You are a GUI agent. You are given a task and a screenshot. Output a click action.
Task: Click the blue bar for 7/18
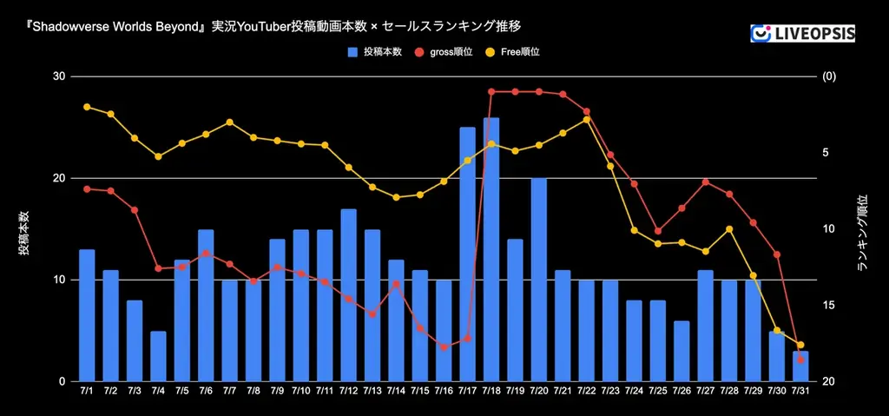click(x=491, y=250)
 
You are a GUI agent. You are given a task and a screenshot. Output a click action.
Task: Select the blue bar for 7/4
click(x=158, y=356)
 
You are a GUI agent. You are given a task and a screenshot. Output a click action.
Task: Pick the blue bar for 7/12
click(x=349, y=295)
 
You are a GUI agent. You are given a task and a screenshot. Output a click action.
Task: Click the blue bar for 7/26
click(x=682, y=351)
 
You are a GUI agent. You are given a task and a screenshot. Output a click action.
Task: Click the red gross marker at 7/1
click(x=87, y=188)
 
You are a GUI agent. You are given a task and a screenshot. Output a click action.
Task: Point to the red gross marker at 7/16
click(x=444, y=347)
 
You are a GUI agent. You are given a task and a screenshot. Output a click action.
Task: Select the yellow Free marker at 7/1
click(x=87, y=107)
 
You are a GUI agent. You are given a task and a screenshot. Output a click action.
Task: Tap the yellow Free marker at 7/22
click(x=587, y=119)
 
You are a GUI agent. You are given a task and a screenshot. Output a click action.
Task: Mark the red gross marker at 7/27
click(x=706, y=182)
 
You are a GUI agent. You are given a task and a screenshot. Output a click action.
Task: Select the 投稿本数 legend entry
click(x=374, y=52)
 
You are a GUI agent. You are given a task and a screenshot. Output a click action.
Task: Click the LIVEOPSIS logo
click(x=802, y=33)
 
